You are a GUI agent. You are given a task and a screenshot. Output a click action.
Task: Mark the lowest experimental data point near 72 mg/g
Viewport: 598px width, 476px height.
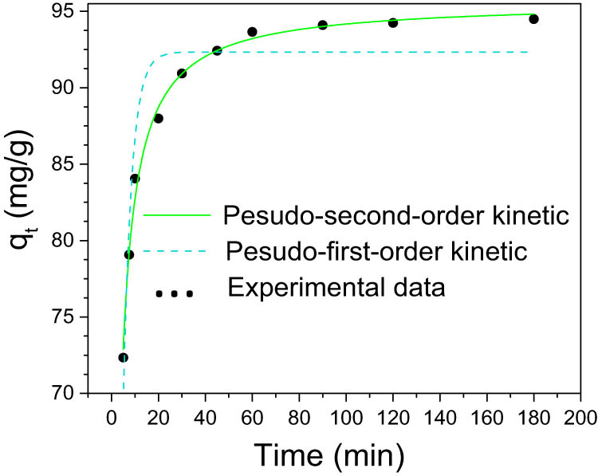click(x=123, y=357)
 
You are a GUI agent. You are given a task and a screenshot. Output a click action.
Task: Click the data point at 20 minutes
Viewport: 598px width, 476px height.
click(x=158, y=119)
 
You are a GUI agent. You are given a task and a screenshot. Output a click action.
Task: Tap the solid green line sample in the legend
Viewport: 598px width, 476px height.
click(x=175, y=215)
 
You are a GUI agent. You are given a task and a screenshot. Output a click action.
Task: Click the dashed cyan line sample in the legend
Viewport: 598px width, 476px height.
click(x=175, y=252)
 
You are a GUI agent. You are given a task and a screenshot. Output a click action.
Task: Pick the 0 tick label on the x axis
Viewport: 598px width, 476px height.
click(x=111, y=417)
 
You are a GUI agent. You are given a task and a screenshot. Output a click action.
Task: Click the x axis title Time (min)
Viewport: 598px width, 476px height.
click(x=329, y=454)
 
